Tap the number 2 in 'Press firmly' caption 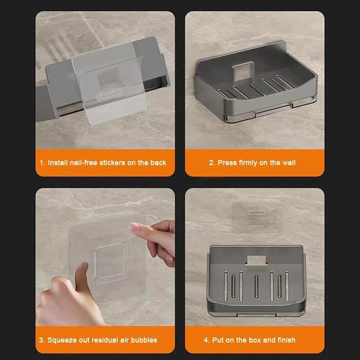coord(211,162)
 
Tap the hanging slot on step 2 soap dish coord(243,71)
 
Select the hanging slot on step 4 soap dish coord(255,260)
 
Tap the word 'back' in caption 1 coord(158,162)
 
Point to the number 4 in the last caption coord(206,340)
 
